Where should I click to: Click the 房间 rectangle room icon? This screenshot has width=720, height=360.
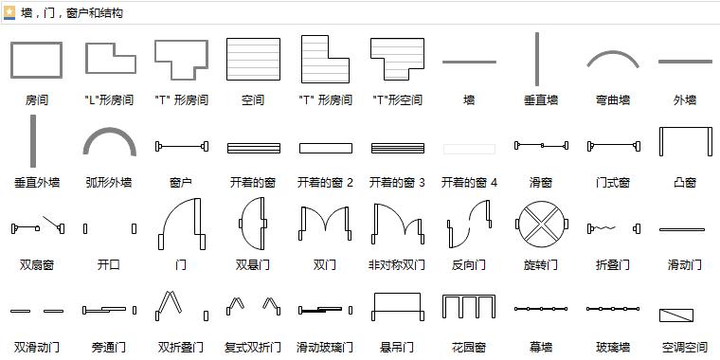tap(36, 60)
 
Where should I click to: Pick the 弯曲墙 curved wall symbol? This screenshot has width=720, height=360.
tap(612, 60)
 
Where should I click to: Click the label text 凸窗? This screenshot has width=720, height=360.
tap(684, 183)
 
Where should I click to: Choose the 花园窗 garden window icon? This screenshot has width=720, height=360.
tap(468, 307)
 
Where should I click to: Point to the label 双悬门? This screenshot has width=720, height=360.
tap(253, 265)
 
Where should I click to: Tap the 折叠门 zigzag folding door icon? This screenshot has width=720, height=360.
tap(612, 228)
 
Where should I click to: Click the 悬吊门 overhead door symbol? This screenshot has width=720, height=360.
tap(396, 307)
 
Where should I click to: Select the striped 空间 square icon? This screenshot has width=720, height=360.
tap(253, 60)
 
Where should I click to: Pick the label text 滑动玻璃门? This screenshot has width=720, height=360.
tap(325, 348)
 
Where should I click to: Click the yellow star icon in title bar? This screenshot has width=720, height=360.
tap(9, 12)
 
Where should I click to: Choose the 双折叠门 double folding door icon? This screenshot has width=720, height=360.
tap(181, 305)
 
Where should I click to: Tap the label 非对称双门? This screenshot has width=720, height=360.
tap(397, 265)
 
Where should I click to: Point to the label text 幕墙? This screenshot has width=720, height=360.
tap(540, 348)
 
